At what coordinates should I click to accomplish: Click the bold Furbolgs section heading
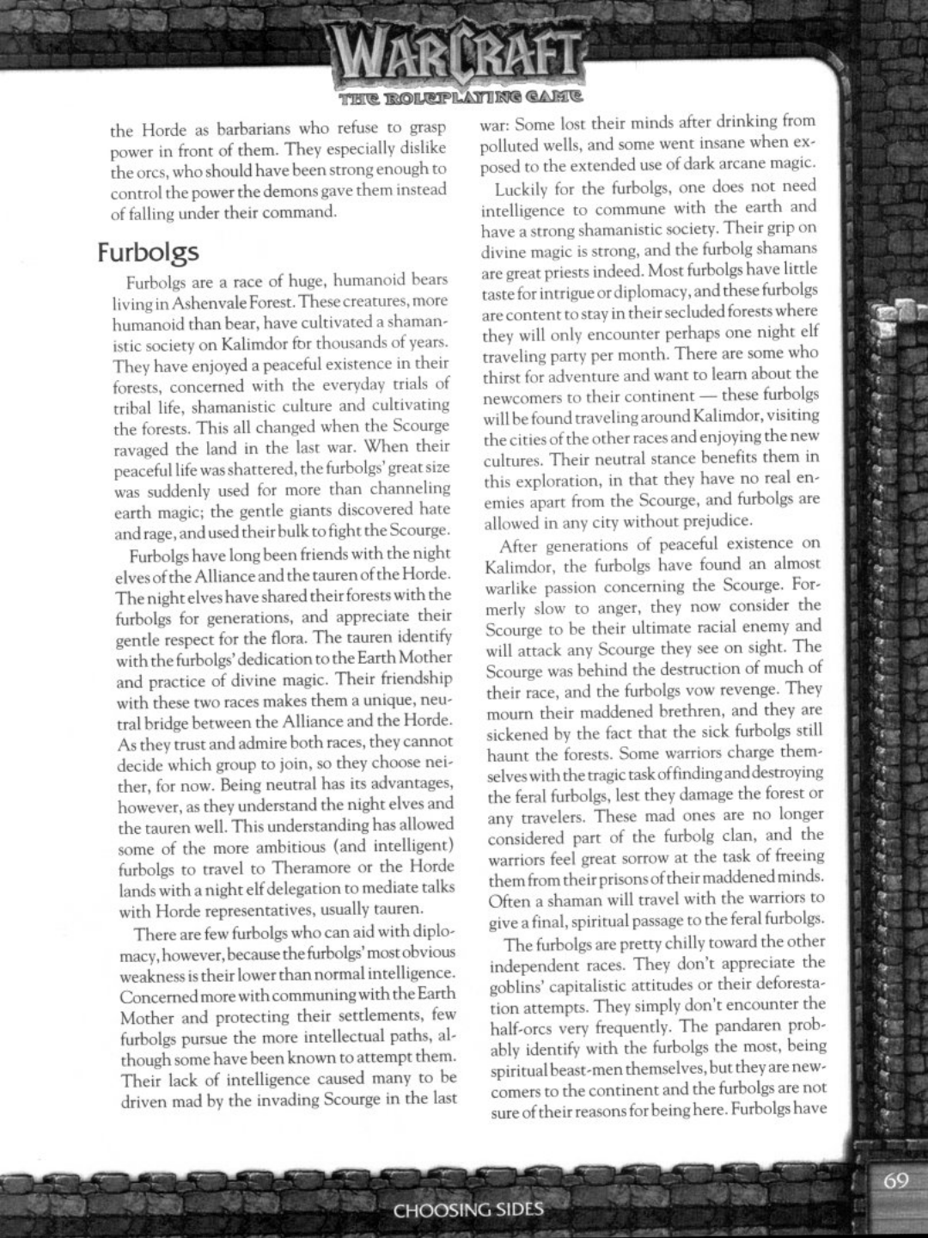(x=148, y=252)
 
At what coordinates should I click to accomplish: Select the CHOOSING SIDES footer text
(x=468, y=1210)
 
